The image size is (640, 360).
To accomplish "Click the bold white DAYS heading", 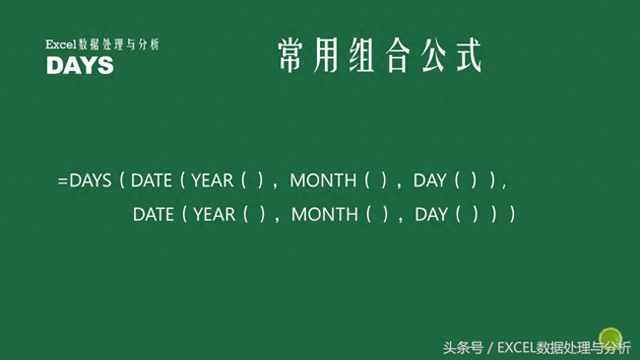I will click(x=80, y=65).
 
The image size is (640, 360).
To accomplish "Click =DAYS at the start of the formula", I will click(x=84, y=180).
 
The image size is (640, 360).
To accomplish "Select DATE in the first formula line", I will click(x=151, y=180).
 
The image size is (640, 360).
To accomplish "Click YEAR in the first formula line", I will click(x=212, y=180).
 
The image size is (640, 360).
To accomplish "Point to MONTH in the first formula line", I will click(x=323, y=180).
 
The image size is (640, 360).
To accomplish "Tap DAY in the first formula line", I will click(x=429, y=180).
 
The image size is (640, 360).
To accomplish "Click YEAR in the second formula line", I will click(x=214, y=214).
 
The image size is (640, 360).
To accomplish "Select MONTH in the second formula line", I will click(x=324, y=214).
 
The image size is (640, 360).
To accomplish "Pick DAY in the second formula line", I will click(x=431, y=214).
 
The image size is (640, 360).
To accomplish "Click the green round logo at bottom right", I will click(x=610, y=338).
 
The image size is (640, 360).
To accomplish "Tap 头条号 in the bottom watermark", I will click(x=462, y=347).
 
